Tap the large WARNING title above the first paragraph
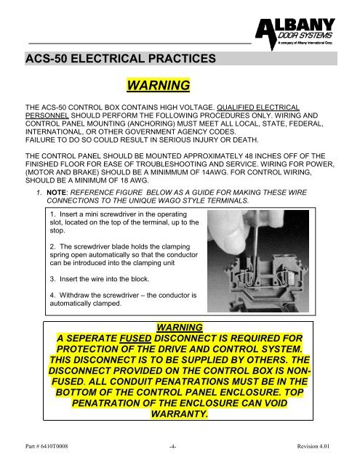[158, 87]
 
